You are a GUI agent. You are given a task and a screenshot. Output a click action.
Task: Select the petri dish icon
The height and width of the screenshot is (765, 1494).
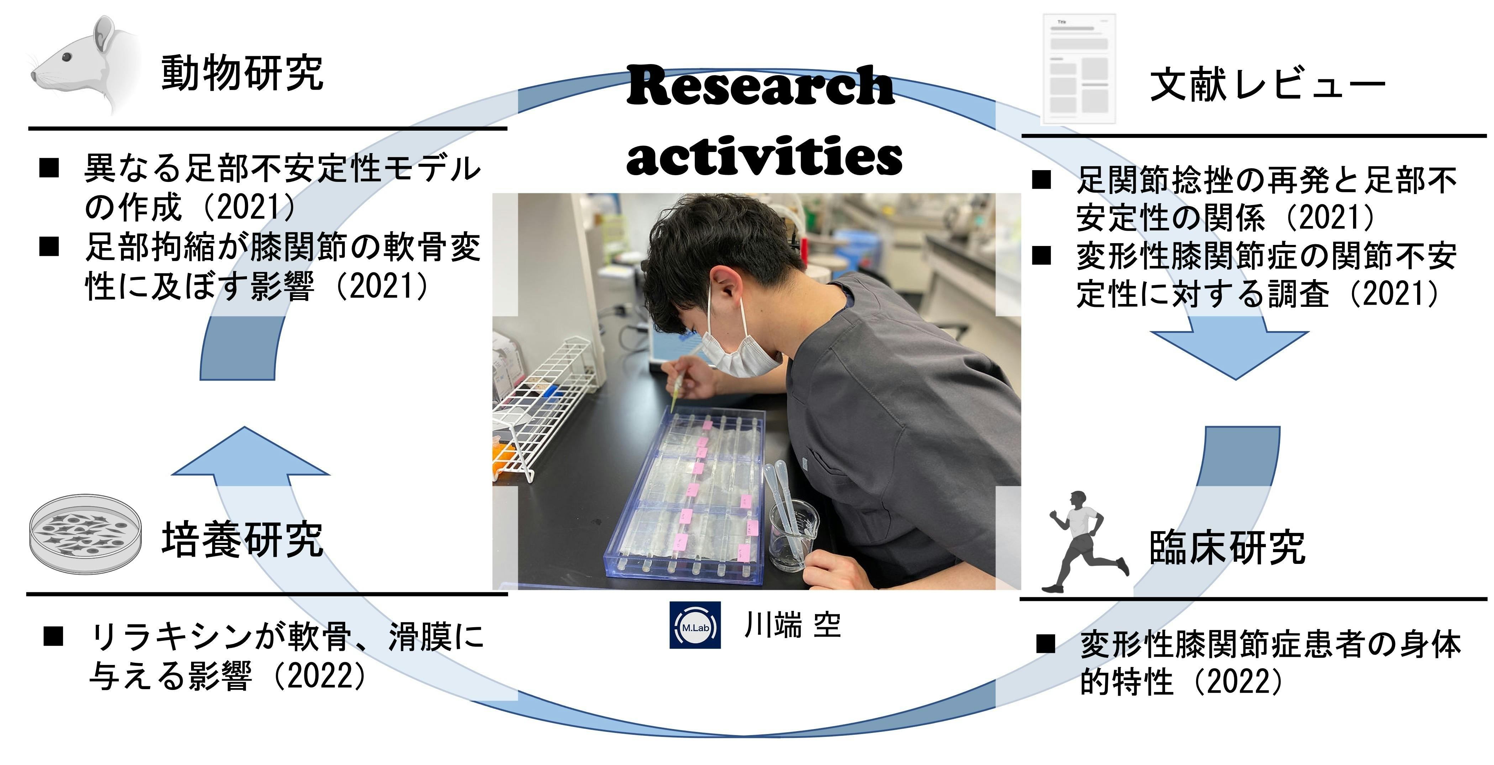coord(85,534)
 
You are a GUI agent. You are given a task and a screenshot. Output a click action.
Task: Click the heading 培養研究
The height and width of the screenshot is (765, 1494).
coord(242,539)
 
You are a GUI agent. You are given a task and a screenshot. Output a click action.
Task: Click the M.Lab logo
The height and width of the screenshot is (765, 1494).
coord(695,625)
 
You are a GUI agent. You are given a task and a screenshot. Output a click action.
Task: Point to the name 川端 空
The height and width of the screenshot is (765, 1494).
coord(792,625)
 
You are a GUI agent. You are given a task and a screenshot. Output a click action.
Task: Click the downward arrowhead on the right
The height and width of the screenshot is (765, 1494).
coord(1230,355)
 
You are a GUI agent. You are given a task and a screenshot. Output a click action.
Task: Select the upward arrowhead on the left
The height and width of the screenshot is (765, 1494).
coord(251,451)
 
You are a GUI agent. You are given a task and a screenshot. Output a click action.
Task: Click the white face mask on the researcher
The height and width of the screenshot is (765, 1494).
coord(740,347)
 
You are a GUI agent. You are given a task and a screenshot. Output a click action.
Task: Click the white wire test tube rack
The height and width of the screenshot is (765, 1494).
coord(542,409)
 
